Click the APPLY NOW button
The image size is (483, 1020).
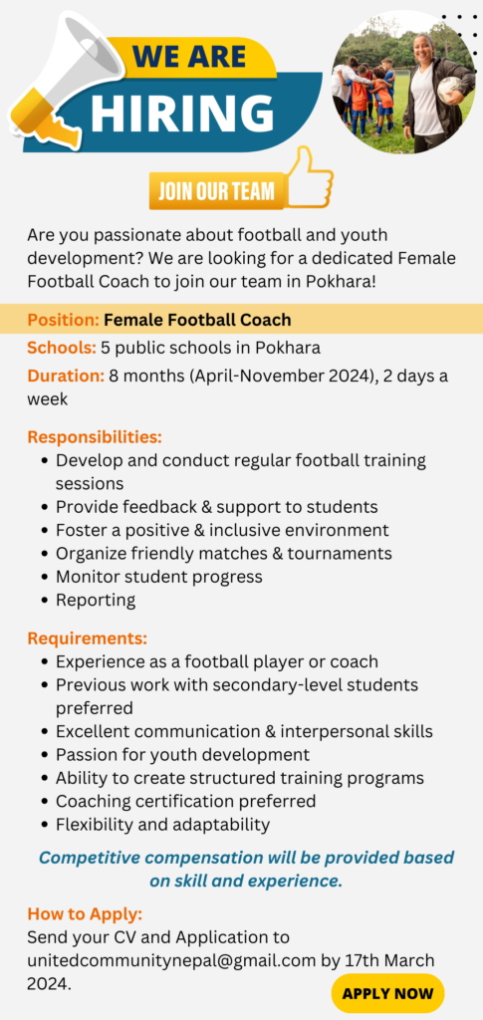387,993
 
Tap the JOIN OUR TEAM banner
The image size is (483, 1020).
216,191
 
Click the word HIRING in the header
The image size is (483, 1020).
182,114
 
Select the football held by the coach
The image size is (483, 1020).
449,89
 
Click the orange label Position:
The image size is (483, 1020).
63,320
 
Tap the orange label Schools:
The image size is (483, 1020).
62,348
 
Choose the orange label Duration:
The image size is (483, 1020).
66,376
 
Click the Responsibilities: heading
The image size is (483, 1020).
95,436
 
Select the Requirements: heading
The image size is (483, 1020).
88,637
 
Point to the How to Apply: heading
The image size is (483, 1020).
85,914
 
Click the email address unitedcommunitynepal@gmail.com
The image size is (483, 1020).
171,961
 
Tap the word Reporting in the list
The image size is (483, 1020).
96,600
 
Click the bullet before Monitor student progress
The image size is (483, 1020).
45,577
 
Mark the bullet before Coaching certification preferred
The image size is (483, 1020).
45,802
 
